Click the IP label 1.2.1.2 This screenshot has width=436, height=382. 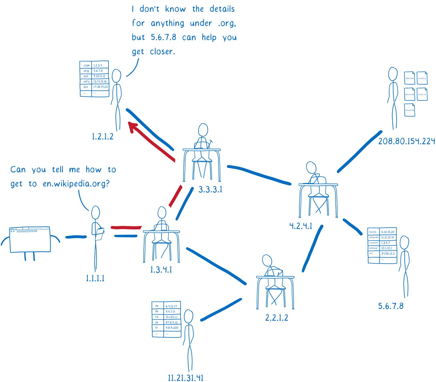coord(102,137)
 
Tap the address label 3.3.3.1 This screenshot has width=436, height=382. coord(210,190)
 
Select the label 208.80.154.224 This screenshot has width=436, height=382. coord(406,141)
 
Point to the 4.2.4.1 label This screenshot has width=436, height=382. coord(301,226)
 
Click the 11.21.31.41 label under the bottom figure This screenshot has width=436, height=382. coord(185,377)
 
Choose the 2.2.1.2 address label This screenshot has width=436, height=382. coord(277,318)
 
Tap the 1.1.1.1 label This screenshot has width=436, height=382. coord(95,278)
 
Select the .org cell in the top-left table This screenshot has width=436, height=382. coord(86,71)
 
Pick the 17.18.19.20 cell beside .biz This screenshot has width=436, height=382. coord(100,87)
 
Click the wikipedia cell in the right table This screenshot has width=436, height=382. coord(374,237)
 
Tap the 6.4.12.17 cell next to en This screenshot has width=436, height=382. coord(171,306)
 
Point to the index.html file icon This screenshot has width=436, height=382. coord(409,78)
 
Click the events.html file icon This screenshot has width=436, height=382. coord(409,110)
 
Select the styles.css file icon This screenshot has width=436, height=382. coord(422,94)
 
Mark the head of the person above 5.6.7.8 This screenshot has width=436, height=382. coord(404,243)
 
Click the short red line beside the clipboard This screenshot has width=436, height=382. coord(126,227)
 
